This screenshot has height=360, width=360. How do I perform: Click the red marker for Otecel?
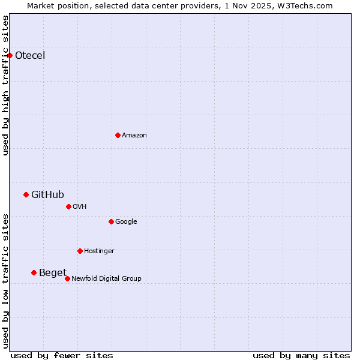tap(10, 56)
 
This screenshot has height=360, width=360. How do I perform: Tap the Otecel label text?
tap(30, 56)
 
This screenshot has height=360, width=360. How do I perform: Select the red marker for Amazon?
tap(118, 135)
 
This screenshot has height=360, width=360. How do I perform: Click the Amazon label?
tap(134, 135)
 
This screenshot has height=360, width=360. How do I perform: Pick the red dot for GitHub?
tap(26, 194)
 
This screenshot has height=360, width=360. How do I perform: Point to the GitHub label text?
tap(47, 194)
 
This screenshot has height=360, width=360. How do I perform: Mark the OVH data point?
tap(68, 206)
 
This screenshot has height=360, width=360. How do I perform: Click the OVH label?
tap(79, 206)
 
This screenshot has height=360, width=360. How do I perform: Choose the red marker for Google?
tap(111, 221)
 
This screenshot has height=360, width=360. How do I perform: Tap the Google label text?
tap(126, 221)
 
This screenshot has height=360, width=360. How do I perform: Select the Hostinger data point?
tap(80, 251)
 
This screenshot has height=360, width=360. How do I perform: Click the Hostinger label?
tap(99, 251)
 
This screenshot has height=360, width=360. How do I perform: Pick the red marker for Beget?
tap(34, 273)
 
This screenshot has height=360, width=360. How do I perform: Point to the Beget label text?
tap(53, 273)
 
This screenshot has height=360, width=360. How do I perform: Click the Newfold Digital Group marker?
tap(67, 278)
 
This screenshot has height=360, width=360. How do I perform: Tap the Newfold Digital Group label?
tap(106, 278)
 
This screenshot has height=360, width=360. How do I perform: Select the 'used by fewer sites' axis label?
tap(62, 355)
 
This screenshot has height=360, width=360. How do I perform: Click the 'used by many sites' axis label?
tap(301, 355)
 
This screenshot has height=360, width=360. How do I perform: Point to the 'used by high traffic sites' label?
tap(5, 85)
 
